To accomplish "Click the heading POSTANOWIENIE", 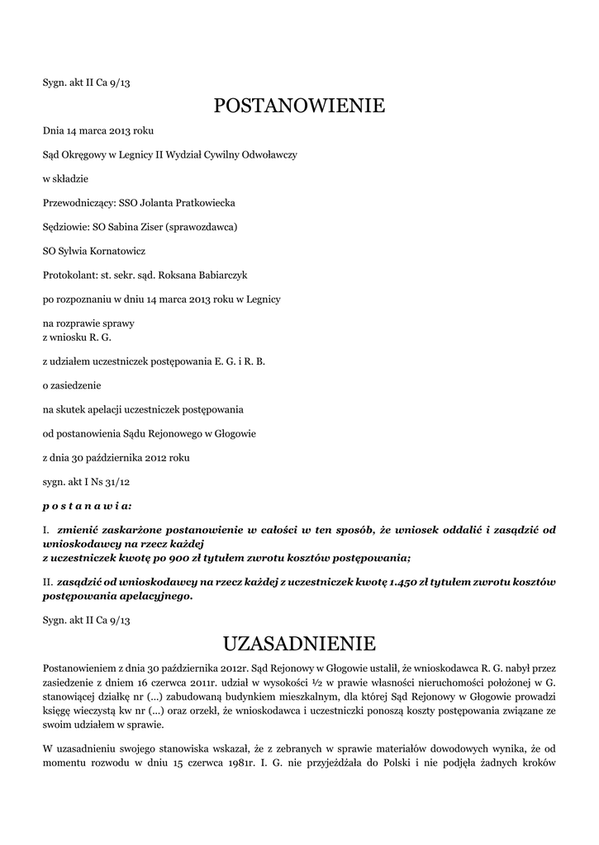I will pyautogui.click(x=299, y=106).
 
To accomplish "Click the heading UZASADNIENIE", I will pyautogui.click(x=299, y=642).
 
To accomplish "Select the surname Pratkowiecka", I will pyautogui.click(x=202, y=202).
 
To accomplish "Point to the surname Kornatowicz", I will pyautogui.click(x=109, y=250).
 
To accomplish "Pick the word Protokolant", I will pyautogui.click(x=69, y=274).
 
